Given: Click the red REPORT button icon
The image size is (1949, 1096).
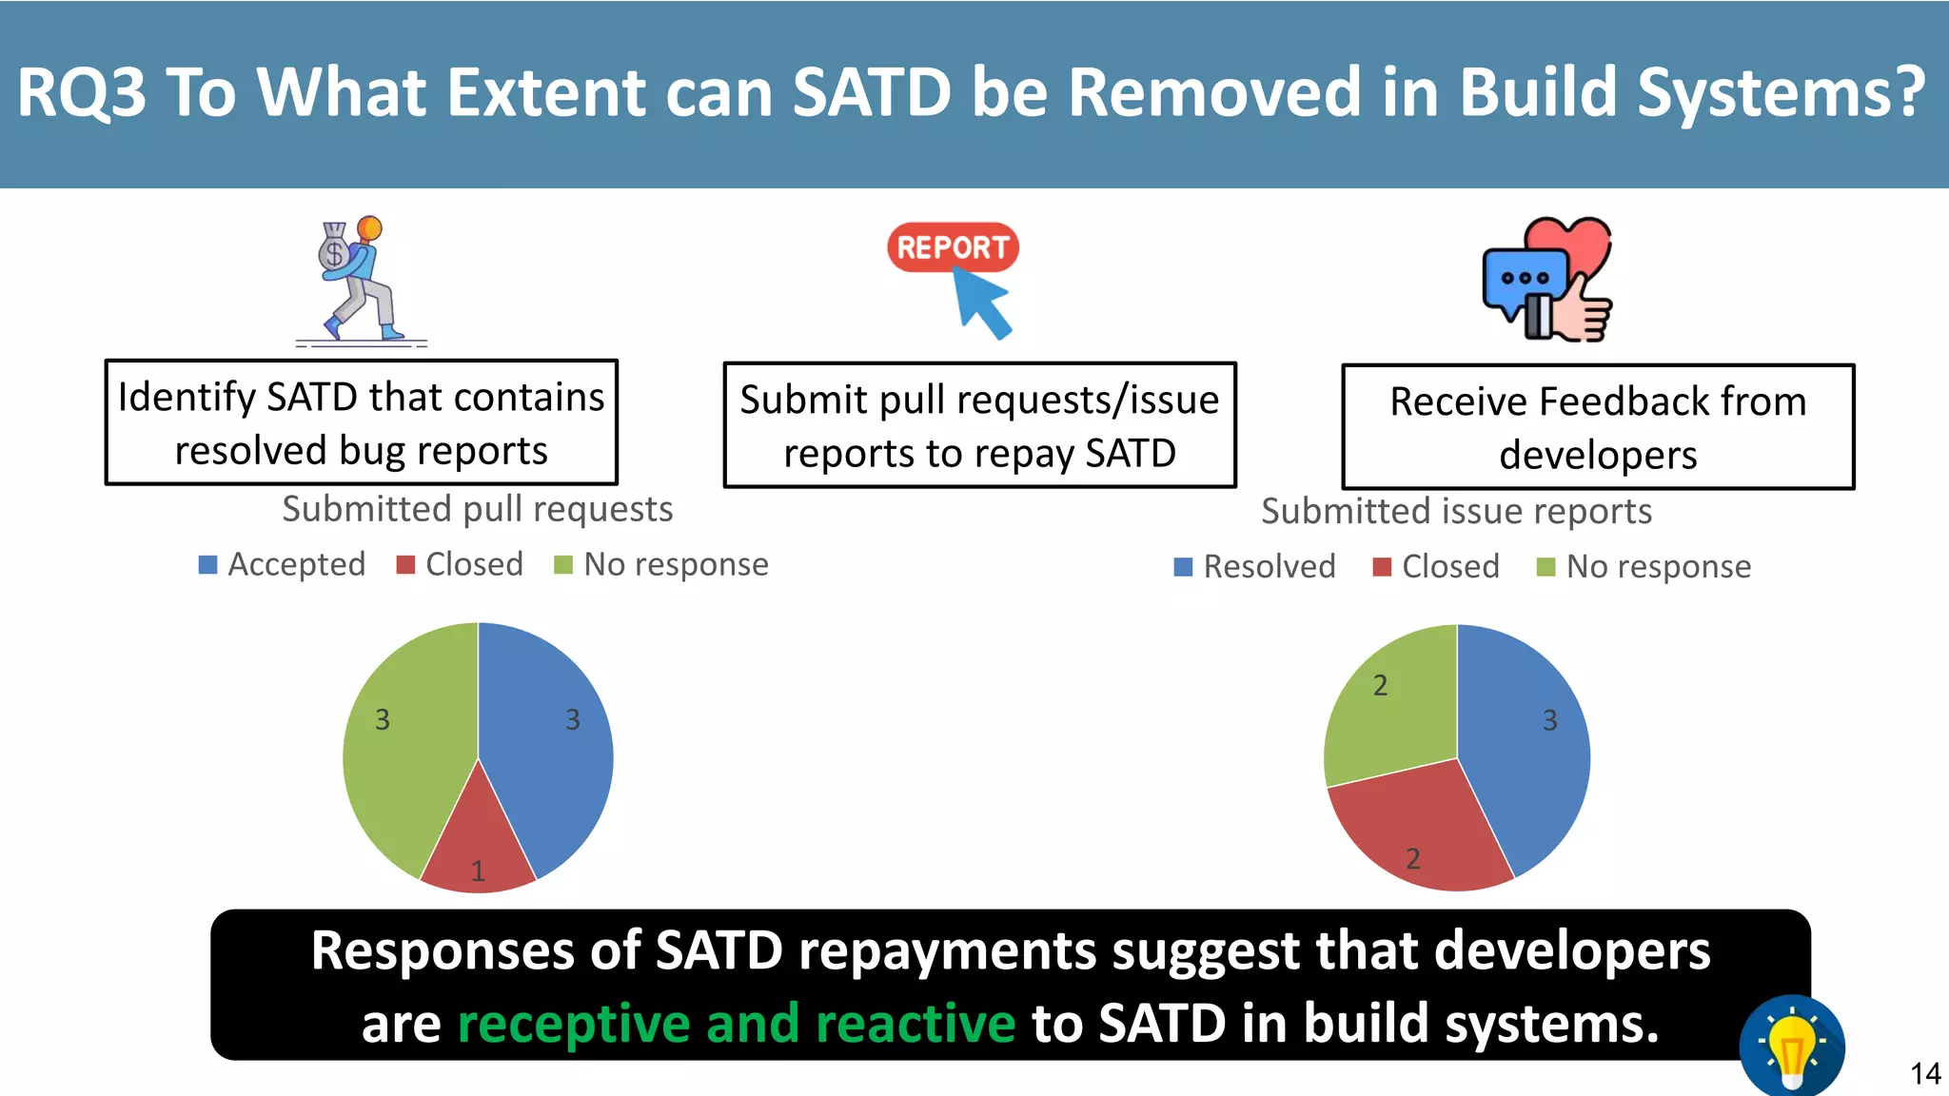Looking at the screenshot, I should point(953,247).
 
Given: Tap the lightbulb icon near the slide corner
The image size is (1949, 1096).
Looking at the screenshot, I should point(1792,1047).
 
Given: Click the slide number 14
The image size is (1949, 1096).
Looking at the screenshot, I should point(1924,1074).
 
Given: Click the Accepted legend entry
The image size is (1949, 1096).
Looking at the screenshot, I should point(282,564).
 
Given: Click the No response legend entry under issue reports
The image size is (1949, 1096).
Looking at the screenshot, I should point(1644,567).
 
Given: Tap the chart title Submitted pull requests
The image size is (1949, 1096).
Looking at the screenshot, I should point(478,509).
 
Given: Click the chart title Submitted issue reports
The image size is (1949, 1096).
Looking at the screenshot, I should point(1456,512).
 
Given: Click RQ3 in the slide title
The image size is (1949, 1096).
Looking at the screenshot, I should point(82,93).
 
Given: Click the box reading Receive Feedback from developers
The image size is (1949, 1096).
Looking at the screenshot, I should point(1598,427).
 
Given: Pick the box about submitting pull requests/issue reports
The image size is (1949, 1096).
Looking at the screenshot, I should point(979,425).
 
